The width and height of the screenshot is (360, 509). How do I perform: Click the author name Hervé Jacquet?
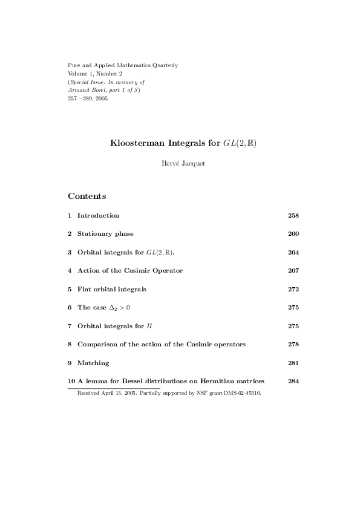(180, 163)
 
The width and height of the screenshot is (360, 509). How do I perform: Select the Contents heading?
(87, 196)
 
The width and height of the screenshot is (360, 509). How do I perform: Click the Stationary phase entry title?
(105, 233)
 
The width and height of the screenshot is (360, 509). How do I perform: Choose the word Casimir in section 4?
(143, 270)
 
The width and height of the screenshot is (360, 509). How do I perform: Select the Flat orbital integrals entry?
(112, 289)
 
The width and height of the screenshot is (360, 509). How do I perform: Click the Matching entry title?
(93, 363)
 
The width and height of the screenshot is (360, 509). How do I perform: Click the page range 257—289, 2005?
(88, 99)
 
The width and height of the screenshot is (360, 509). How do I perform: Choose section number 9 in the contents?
(70, 363)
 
